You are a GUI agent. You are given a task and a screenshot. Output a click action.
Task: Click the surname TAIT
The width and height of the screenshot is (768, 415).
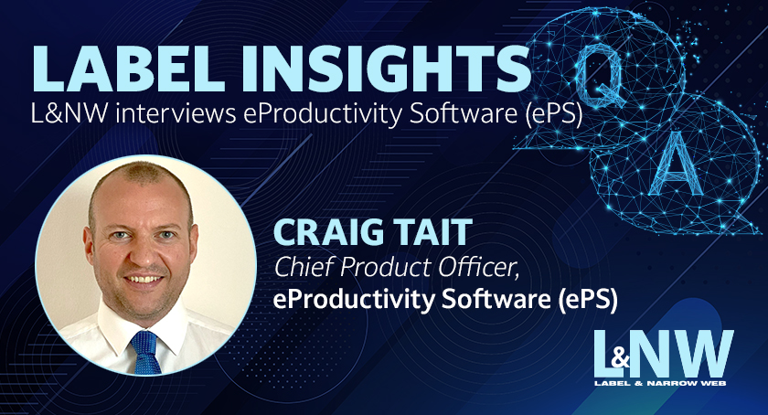[x=434, y=233]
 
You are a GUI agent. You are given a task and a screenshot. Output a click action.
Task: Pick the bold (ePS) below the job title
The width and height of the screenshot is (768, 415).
[x=588, y=300]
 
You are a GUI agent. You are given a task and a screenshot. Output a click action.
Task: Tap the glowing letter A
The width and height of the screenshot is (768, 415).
[x=676, y=163]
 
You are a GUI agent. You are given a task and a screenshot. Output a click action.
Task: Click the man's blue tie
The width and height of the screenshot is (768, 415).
[x=146, y=352]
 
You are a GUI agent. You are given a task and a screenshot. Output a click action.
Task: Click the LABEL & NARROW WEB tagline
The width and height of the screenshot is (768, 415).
[x=660, y=383]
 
